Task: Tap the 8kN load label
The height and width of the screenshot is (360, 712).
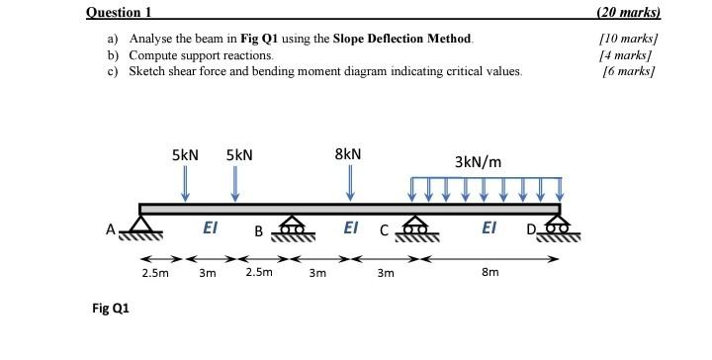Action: point(348,154)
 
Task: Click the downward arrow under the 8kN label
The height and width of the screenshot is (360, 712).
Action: point(349,182)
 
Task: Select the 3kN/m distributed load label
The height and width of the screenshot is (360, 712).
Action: point(478,161)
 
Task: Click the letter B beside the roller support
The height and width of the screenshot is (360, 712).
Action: point(258,232)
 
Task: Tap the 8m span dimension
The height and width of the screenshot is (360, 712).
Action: point(489,271)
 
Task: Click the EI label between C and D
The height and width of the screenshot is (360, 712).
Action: point(489,227)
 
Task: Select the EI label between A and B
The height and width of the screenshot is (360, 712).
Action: point(210,227)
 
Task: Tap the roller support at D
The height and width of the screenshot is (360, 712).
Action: point(559,228)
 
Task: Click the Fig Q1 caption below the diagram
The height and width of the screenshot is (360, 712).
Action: point(110,308)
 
